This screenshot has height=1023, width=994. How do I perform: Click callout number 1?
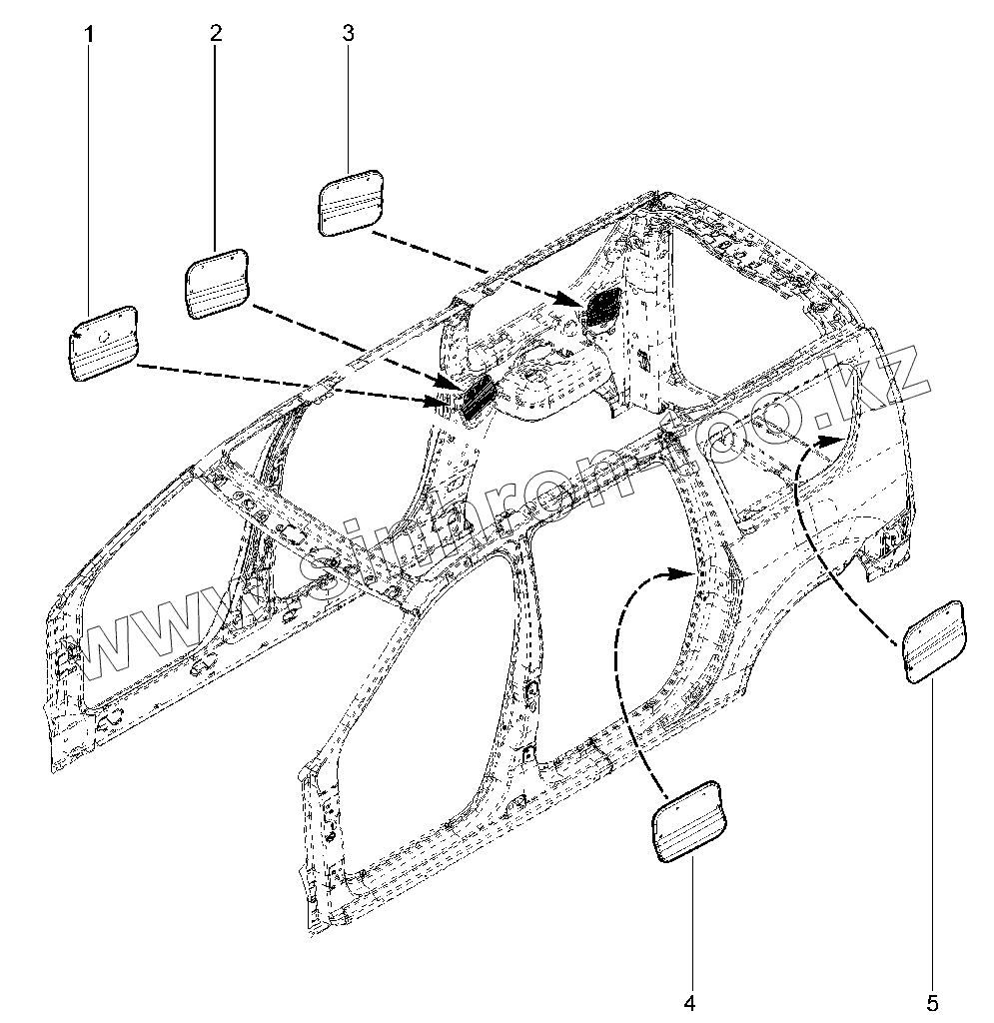tap(89, 34)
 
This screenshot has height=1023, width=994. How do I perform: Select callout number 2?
tap(216, 32)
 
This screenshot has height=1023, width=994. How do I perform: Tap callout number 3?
tap(348, 32)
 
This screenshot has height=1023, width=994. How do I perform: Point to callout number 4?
tap(689, 1000)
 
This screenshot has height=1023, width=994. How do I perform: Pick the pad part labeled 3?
tap(351, 201)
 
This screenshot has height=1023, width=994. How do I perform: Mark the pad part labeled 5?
tap(935, 640)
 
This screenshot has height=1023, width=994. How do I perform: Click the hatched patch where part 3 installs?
tap(602, 304)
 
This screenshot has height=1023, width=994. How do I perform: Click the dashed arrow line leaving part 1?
tap(290, 383)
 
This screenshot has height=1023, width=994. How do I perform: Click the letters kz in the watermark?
tap(889, 380)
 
